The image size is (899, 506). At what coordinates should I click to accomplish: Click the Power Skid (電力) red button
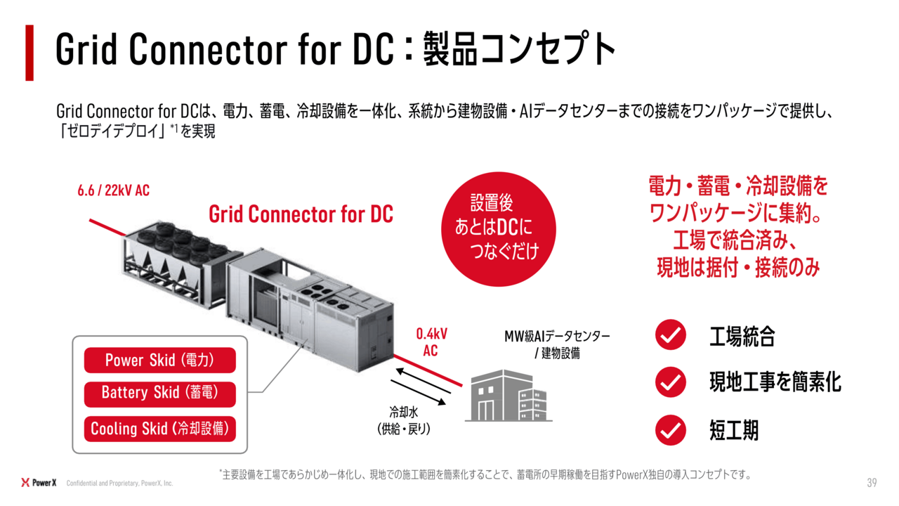(x=159, y=360)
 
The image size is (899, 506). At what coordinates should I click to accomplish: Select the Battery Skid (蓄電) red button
(x=159, y=394)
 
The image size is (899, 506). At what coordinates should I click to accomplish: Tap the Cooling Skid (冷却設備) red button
(x=159, y=429)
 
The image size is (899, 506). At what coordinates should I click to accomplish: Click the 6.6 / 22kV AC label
(x=114, y=190)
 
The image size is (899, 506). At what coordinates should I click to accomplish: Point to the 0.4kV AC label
(x=431, y=342)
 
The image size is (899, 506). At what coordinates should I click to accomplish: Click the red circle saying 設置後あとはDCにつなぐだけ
(x=499, y=229)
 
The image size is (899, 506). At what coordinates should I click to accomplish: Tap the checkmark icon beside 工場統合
(x=671, y=335)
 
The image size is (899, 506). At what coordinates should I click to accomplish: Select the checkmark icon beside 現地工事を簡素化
(x=671, y=382)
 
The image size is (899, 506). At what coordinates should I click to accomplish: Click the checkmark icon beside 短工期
(x=671, y=430)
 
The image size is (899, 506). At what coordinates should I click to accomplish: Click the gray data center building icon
(x=508, y=396)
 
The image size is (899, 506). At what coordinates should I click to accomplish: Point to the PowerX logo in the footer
(x=39, y=482)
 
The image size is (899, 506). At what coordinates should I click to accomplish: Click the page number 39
(x=872, y=482)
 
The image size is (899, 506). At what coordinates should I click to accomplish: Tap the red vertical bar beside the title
(x=29, y=53)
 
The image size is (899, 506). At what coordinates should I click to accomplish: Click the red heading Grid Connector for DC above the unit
(x=301, y=214)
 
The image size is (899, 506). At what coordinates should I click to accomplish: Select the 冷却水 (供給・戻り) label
(x=404, y=420)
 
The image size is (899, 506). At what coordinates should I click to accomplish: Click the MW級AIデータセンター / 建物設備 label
(x=557, y=344)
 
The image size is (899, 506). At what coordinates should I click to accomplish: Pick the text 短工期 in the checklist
(x=734, y=431)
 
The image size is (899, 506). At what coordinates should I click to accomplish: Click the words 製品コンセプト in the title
(x=520, y=49)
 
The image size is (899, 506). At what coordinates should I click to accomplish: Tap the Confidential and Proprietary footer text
(x=119, y=483)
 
